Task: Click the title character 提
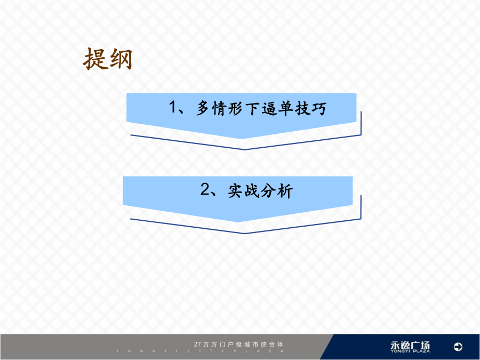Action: coord(95,59)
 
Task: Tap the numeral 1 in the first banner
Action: coord(173,107)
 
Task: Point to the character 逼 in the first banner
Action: coord(270,108)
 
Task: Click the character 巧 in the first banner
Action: coord(319,108)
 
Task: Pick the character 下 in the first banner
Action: coord(253,108)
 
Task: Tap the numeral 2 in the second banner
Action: coord(205,189)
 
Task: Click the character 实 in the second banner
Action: coord(236,190)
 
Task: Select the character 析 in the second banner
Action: coord(285,190)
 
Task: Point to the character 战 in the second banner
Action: coord(252,190)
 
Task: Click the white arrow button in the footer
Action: coord(458,347)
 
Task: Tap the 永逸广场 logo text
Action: coord(410,345)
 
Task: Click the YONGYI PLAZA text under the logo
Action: coord(410,351)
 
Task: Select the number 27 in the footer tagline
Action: coord(197,345)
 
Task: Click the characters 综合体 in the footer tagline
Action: coord(272,345)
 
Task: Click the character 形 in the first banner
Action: coord(236,108)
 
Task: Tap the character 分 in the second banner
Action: coord(268,190)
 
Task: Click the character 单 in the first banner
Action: coord(286,108)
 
